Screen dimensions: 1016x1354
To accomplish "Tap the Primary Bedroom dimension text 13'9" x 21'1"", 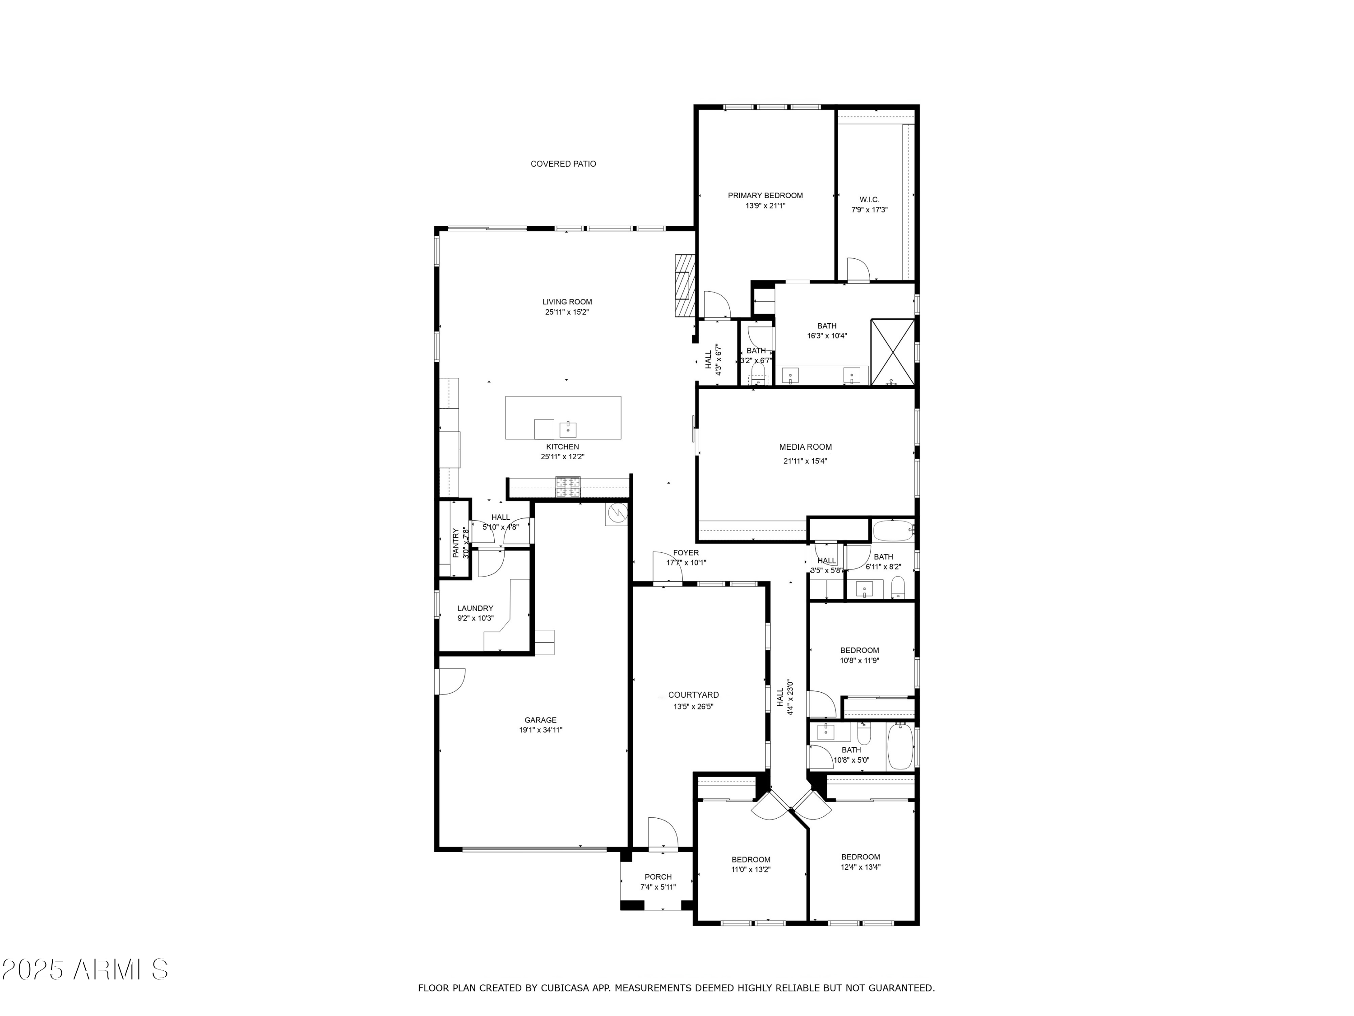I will [x=765, y=206].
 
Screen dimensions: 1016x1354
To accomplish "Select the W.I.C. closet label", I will [x=869, y=200].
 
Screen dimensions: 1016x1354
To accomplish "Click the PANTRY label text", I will [x=455, y=543].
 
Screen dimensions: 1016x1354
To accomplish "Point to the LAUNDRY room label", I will [x=475, y=608].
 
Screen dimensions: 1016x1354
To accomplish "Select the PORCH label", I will [x=658, y=877].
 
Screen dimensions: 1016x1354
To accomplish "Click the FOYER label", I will [x=686, y=552].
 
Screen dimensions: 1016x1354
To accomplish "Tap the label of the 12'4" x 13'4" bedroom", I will [x=860, y=857].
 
